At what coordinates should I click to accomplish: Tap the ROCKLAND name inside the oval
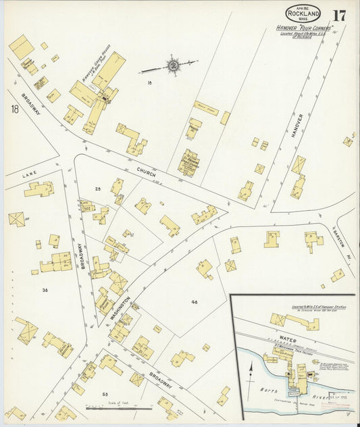[303, 14]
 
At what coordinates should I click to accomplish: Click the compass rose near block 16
[173, 66]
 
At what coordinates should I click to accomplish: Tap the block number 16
[150, 82]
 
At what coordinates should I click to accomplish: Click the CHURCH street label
[146, 173]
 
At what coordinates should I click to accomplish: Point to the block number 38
[45, 290]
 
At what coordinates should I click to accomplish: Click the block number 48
[194, 302]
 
